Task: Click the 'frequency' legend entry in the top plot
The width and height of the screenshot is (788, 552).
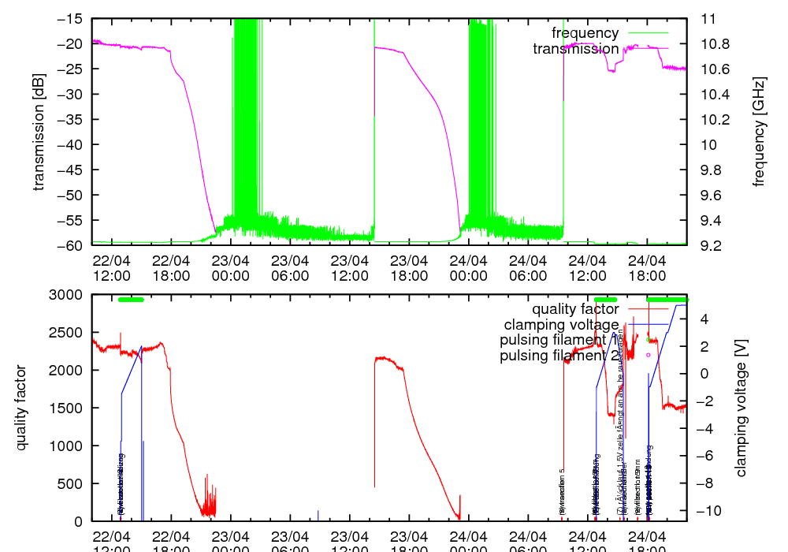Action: (x=585, y=33)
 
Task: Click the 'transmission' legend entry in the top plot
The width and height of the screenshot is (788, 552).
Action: (x=575, y=49)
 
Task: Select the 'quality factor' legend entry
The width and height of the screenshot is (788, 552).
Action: (x=574, y=309)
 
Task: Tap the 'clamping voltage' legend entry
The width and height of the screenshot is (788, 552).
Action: (x=561, y=324)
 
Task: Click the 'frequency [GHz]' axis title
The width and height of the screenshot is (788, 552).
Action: (x=759, y=132)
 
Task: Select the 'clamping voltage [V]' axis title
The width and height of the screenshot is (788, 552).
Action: (x=741, y=408)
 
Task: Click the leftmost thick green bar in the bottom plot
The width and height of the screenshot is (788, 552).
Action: (x=131, y=300)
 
